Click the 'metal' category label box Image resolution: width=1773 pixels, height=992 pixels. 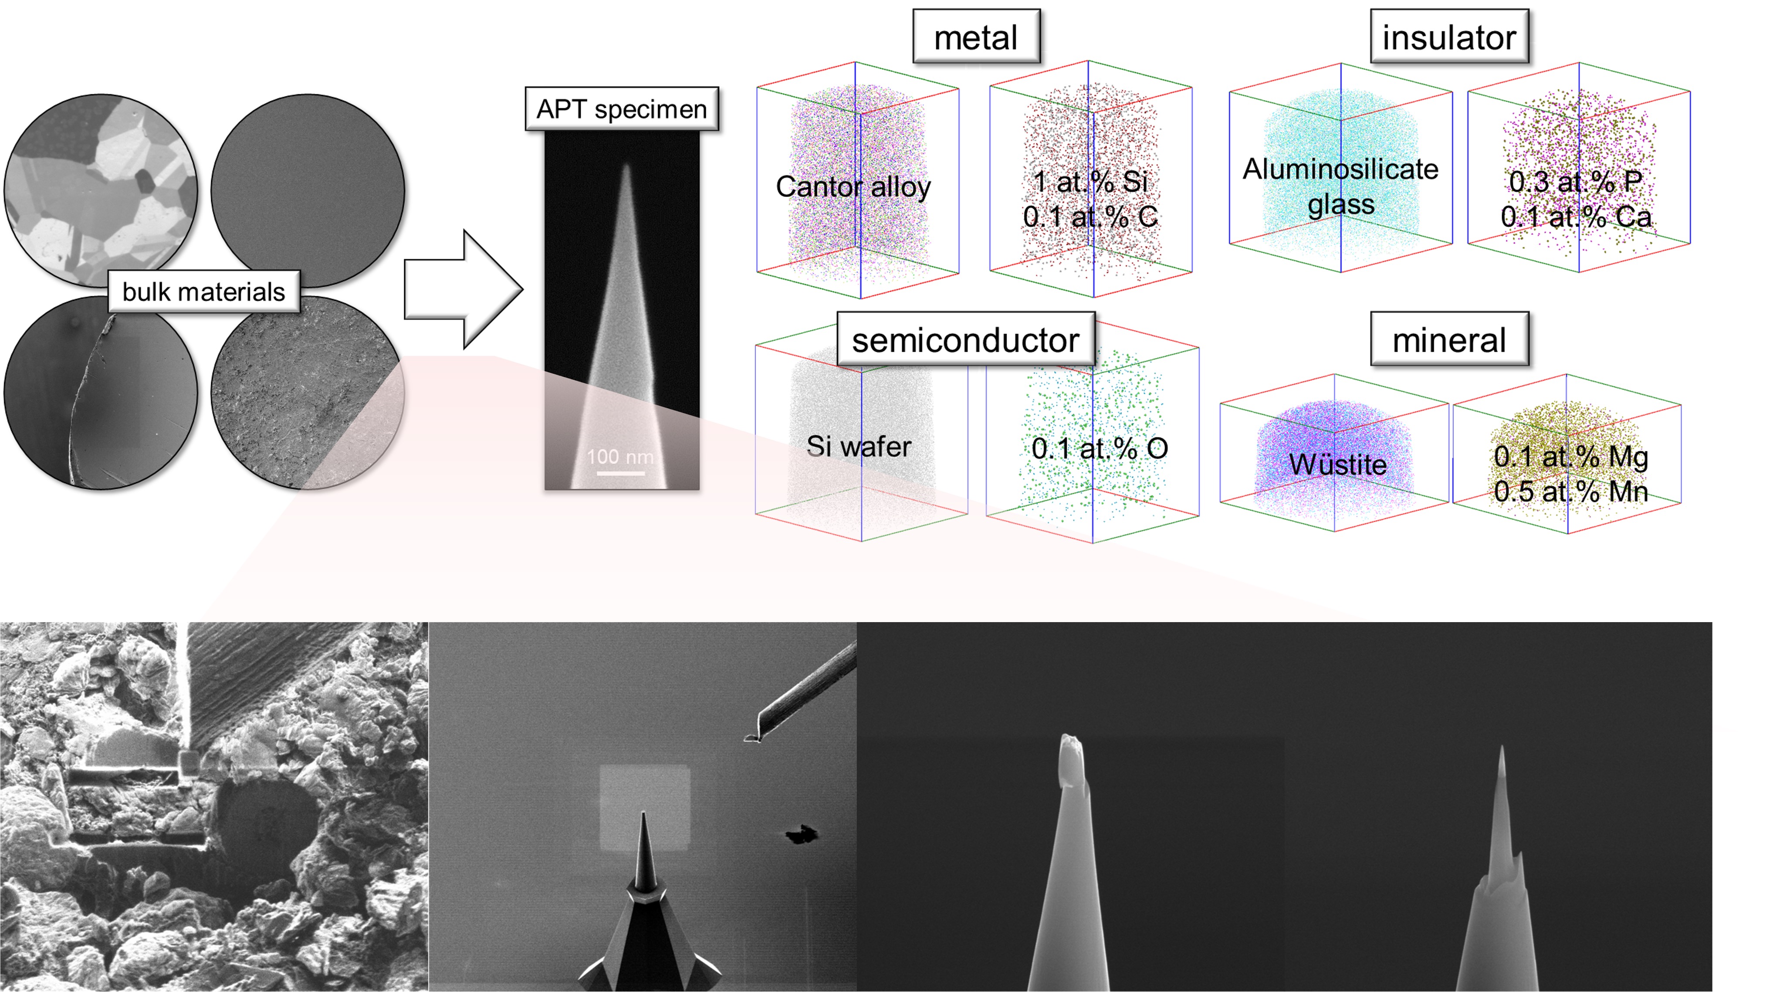(975, 37)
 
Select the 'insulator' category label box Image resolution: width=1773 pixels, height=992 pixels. (1449, 37)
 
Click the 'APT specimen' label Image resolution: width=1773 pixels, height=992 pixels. (622, 109)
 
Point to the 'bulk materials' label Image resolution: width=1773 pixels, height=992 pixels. (204, 292)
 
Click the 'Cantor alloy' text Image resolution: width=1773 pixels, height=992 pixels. (853, 186)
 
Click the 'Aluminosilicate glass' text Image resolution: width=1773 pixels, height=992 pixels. (1340, 186)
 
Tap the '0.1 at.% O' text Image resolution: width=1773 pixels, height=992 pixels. (1099, 449)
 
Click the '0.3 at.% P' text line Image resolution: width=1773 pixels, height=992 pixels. (1575, 182)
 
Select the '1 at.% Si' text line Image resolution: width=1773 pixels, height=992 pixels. (1090, 182)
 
